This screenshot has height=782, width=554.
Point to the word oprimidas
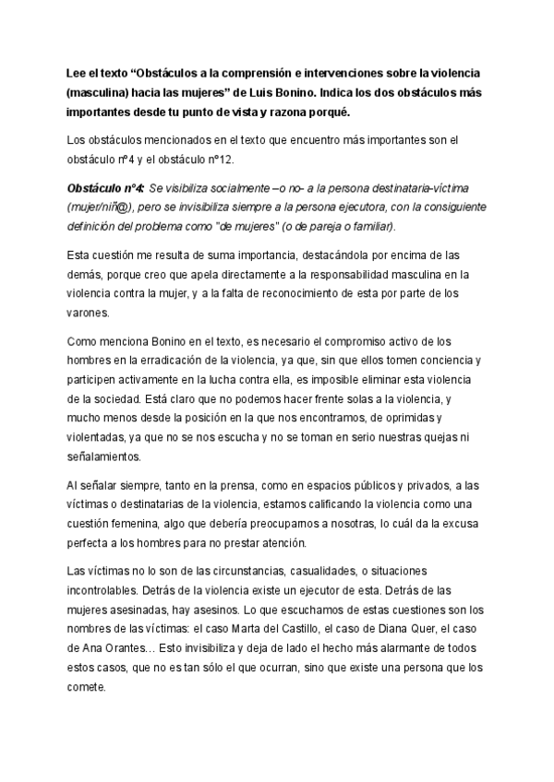point(443,422)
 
